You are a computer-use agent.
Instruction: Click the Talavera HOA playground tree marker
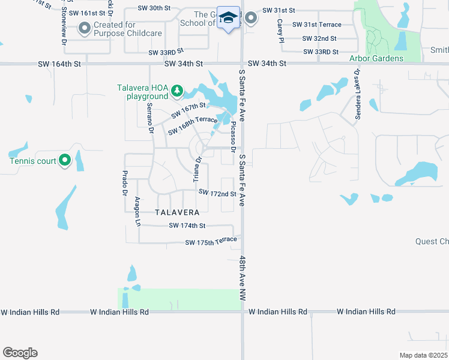[176, 91]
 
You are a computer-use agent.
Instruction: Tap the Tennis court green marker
[65, 160]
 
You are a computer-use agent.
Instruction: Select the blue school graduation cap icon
[228, 18]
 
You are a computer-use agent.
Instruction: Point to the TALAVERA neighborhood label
[176, 212]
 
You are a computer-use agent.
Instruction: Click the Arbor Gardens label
[376, 58]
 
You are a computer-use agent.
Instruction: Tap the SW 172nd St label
[217, 193]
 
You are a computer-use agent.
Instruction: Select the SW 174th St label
[187, 226]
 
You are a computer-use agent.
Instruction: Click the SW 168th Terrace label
[193, 126]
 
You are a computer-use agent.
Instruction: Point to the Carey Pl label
[280, 31]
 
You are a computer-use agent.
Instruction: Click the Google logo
[20, 353]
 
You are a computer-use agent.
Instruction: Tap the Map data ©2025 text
[423, 355]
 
